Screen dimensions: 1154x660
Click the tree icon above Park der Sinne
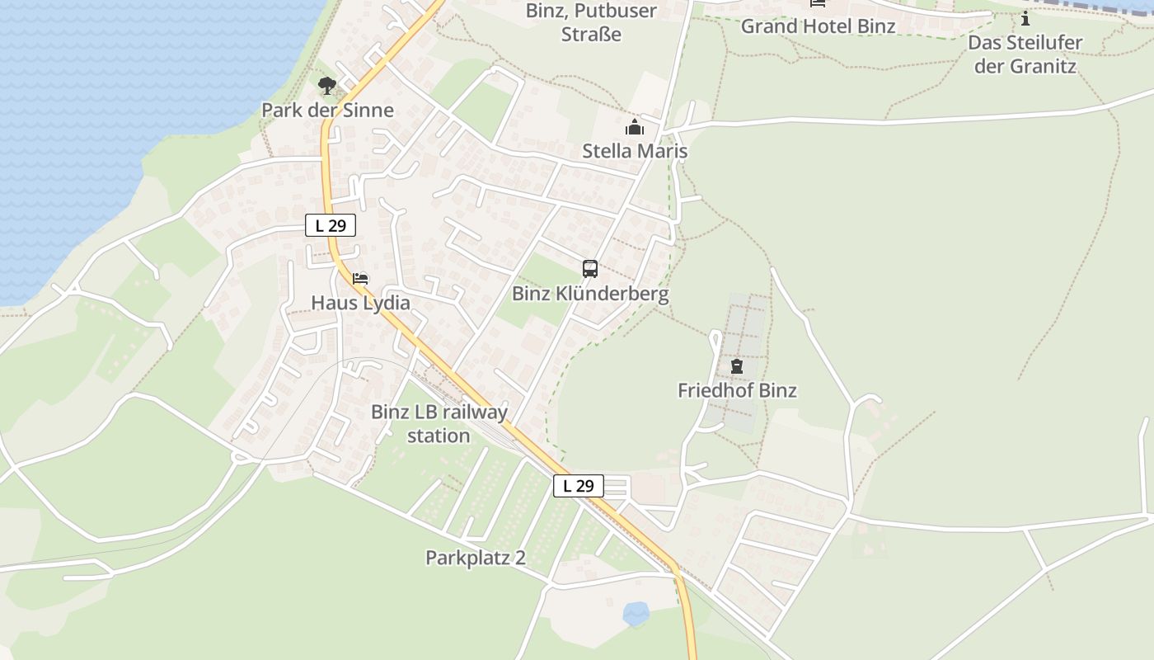tap(327, 85)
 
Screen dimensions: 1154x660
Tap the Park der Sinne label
tap(327, 110)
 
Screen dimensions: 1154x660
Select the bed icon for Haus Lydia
tap(360, 279)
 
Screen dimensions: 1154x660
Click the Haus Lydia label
tap(360, 303)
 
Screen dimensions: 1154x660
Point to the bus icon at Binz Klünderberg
tap(590, 268)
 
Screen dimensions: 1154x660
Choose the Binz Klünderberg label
tap(590, 294)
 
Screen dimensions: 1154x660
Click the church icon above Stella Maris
tap(634, 127)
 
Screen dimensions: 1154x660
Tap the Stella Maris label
tap(635, 151)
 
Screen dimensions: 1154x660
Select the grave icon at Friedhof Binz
tap(736, 365)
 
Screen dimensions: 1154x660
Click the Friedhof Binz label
tap(737, 390)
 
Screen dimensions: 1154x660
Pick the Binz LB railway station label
tap(439, 423)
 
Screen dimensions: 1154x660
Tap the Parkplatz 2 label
tap(476, 558)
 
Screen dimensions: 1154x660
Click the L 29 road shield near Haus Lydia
tap(331, 225)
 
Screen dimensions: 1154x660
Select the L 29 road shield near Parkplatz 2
tap(578, 486)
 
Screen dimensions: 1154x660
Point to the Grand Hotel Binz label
tap(818, 26)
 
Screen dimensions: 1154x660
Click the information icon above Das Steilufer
tap(1025, 18)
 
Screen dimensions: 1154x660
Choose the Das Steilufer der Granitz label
tap(1025, 54)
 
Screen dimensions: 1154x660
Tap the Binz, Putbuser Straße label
tap(591, 22)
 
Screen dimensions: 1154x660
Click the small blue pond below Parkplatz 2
tap(636, 613)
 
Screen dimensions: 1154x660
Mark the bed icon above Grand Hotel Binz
tap(817, 3)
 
